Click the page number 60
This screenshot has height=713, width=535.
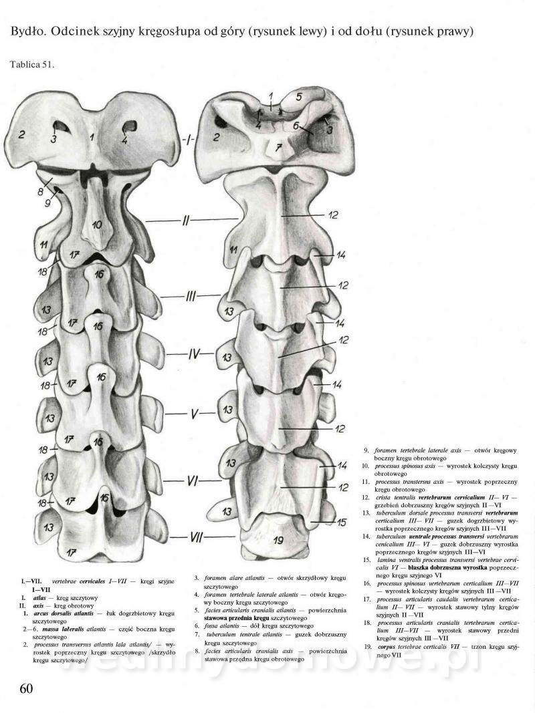point(22,689)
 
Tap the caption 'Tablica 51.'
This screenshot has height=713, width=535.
point(33,65)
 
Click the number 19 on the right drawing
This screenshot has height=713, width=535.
point(278,537)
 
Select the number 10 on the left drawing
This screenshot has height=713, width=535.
point(97,225)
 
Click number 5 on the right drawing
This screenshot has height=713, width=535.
point(299,97)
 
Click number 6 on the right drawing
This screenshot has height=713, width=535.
point(295,125)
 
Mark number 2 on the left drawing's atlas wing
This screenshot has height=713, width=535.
point(22,134)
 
